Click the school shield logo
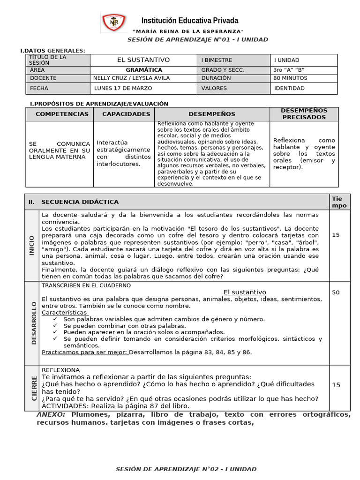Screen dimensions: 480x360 pyautogui.click(x=114, y=23)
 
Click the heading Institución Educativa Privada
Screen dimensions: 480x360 pyautogui.click(x=190, y=21)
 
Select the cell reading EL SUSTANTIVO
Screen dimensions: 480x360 pyautogui.click(x=143, y=60)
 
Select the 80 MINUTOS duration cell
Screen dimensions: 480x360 pyautogui.click(x=290, y=78)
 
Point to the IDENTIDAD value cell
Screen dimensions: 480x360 pyautogui.click(x=289, y=88)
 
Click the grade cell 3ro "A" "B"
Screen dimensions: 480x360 pyautogui.click(x=291, y=70)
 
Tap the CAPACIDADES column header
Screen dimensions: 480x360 pyautogui.click(x=124, y=114)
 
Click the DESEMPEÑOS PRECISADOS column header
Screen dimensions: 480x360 pyautogui.click(x=304, y=114)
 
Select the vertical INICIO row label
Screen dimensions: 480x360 pyautogui.click(x=31, y=245)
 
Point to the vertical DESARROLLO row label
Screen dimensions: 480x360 pyautogui.click(x=33, y=323)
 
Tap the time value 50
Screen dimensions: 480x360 pyautogui.click(x=336, y=292)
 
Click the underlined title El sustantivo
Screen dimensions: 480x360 pyautogui.click(x=245, y=292)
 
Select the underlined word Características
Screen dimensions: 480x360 pyautogui.click(x=64, y=312)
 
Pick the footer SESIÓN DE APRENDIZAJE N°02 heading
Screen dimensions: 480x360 pyautogui.click(x=186, y=469)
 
